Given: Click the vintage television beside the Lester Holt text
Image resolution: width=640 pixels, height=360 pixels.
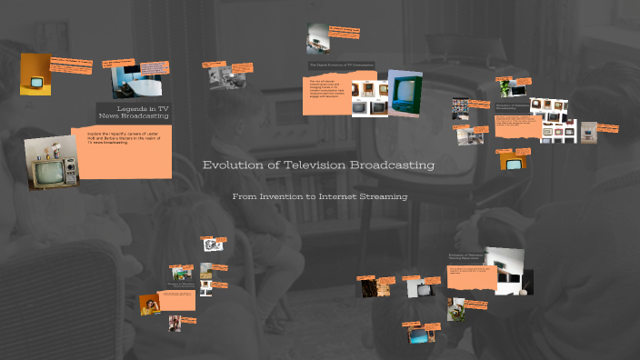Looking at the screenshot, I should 47,164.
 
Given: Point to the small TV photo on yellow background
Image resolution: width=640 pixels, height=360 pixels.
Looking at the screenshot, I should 35,75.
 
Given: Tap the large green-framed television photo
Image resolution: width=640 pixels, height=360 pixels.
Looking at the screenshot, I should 405,94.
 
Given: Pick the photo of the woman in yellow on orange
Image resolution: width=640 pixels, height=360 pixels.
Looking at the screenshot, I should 151,305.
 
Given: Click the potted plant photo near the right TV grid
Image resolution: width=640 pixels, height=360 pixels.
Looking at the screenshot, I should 505,88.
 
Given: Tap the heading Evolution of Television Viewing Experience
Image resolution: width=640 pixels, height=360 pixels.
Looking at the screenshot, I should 465,257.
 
